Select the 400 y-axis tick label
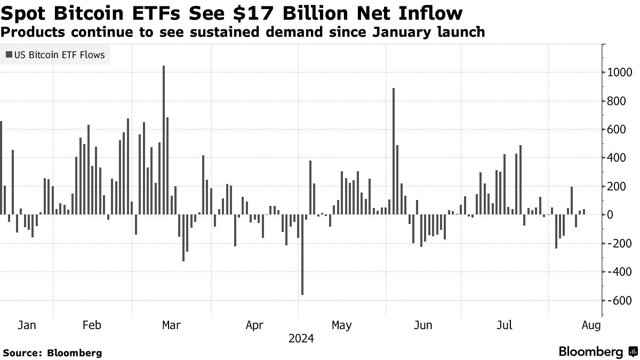613,158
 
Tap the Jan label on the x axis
27,325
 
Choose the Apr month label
255,325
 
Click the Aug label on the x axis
591,325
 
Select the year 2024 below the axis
301,339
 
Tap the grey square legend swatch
9,55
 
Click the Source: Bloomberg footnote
52,353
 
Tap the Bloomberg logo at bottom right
597,352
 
